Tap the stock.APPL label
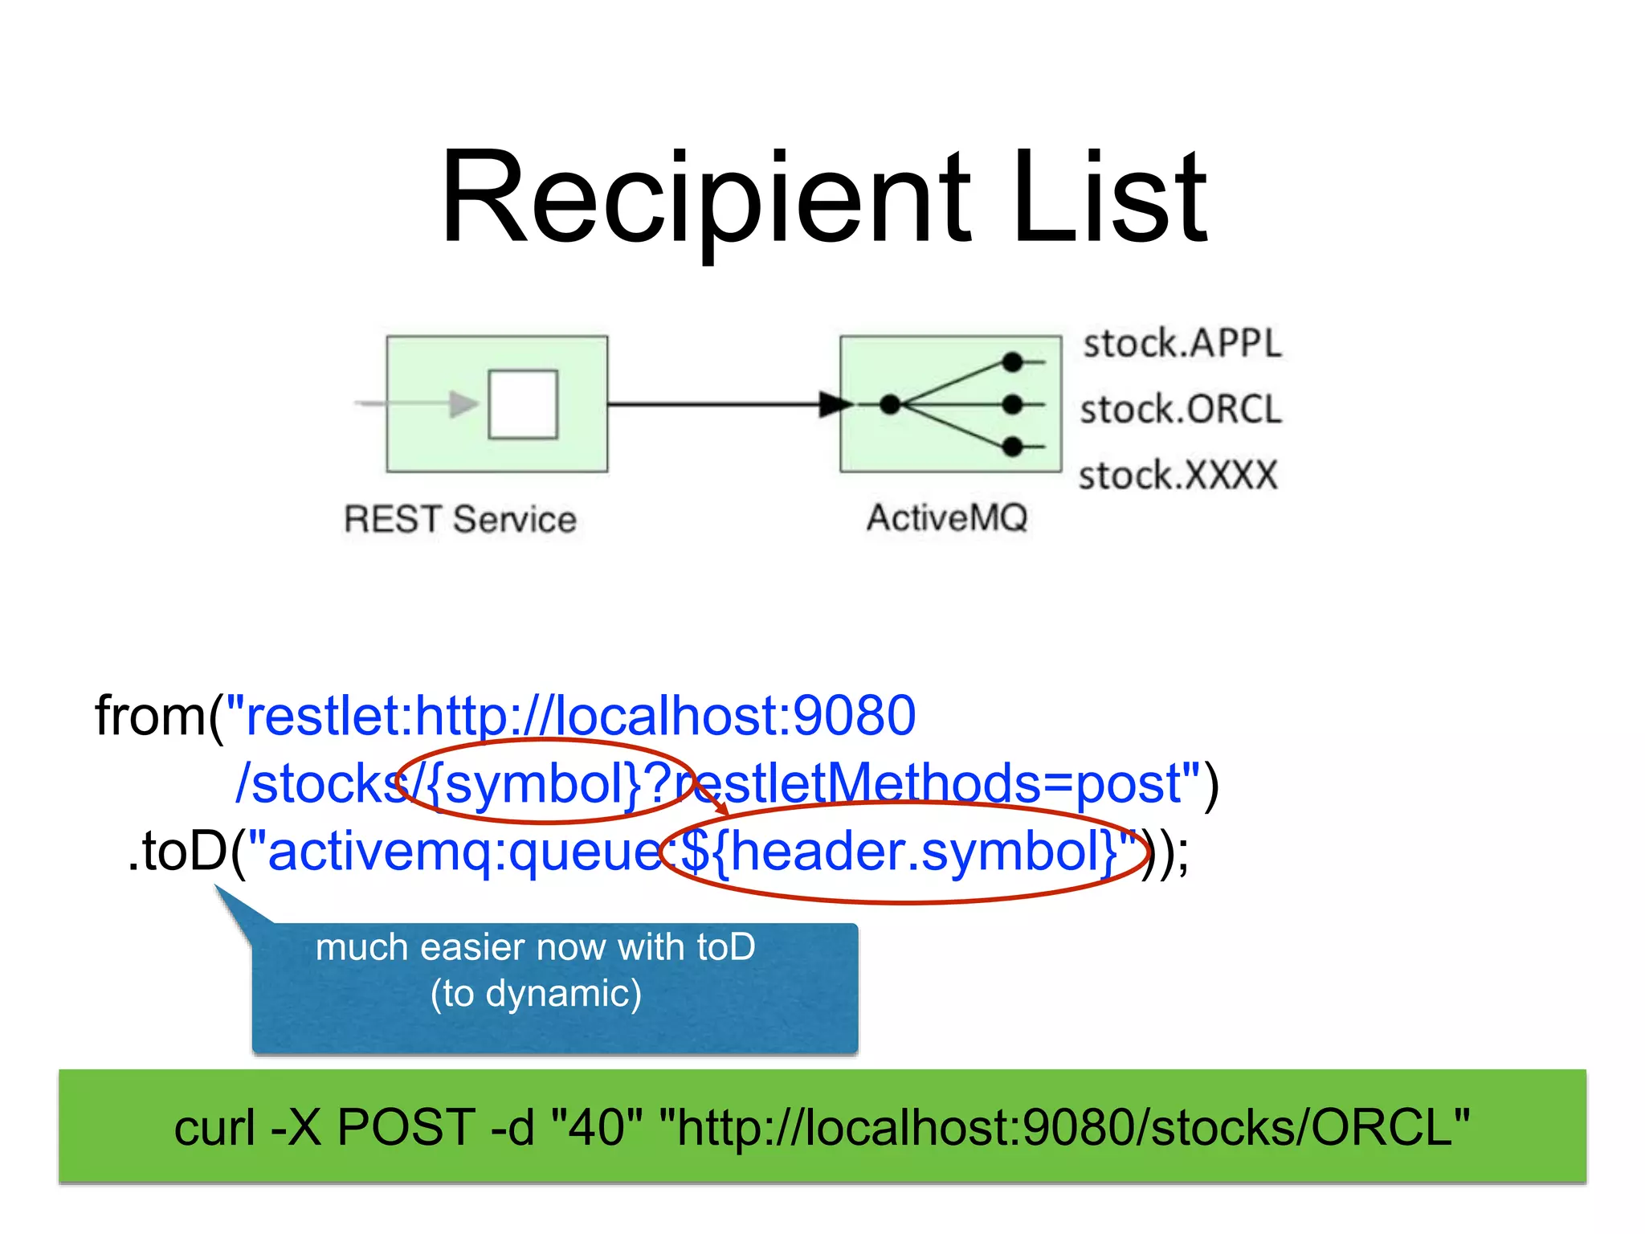click(x=1182, y=344)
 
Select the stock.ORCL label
click(x=1181, y=410)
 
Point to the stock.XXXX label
click(x=1178, y=476)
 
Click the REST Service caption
click(x=460, y=519)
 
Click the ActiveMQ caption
click(x=947, y=517)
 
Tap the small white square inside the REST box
click(x=523, y=404)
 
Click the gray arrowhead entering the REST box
click(x=463, y=404)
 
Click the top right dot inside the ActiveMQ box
click(x=1013, y=362)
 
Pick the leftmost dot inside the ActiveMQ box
click(x=890, y=404)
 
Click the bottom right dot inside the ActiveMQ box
click(x=1013, y=446)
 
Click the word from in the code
click(x=150, y=716)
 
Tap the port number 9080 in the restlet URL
click(x=854, y=716)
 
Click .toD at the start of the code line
click(x=178, y=852)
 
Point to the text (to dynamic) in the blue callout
click(x=536, y=994)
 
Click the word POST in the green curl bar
click(x=406, y=1127)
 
